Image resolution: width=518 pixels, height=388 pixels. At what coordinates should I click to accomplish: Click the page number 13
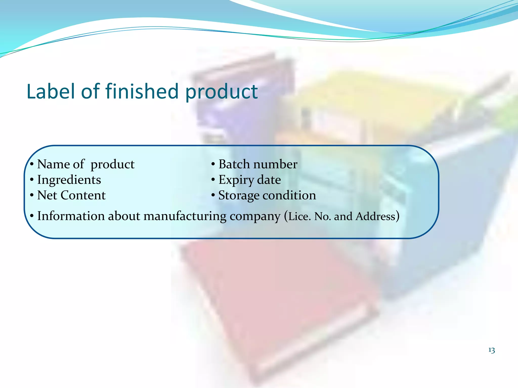pyautogui.click(x=491, y=350)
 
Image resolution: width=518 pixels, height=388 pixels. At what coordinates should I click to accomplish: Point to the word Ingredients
pyautogui.click(x=69, y=180)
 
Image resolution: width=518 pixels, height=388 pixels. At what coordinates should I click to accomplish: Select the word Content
pyautogui.click(x=83, y=195)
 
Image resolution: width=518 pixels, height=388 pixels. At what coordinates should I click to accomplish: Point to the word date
pyautogui.click(x=269, y=180)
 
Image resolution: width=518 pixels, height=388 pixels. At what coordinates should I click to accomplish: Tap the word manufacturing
pyautogui.click(x=185, y=216)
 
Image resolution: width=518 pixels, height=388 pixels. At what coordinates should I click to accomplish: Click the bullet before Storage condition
pyautogui.click(x=213, y=196)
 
